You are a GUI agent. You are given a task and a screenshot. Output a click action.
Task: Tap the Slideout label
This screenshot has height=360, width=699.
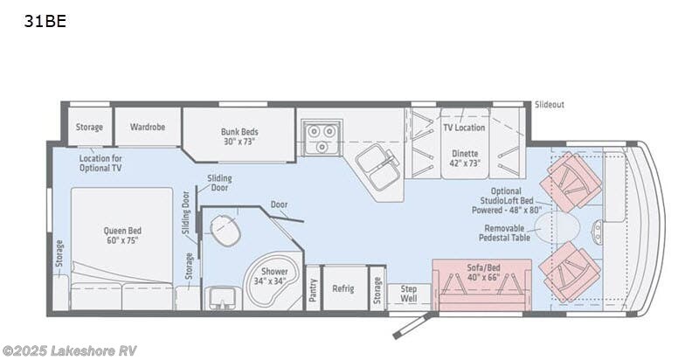[549, 105]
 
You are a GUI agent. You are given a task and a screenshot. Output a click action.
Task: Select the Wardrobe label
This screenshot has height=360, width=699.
[148, 128]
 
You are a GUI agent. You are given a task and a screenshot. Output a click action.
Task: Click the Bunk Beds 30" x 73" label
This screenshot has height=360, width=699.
[239, 137]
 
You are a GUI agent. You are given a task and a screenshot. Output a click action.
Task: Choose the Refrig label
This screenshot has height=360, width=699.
[343, 288]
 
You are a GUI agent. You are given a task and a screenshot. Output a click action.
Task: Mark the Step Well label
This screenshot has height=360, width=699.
[408, 293]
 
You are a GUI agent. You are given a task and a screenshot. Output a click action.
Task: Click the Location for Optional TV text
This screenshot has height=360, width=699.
[100, 163]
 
